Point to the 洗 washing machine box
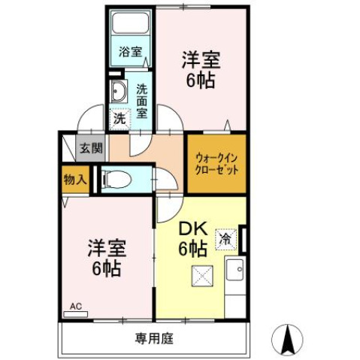coord(119,117)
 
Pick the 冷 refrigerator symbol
coord(225,240)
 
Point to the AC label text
coord(75,306)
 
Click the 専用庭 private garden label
coord(155,338)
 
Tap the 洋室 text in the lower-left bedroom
coord(105,249)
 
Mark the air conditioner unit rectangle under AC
coord(76,316)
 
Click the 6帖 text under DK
coord(192,249)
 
